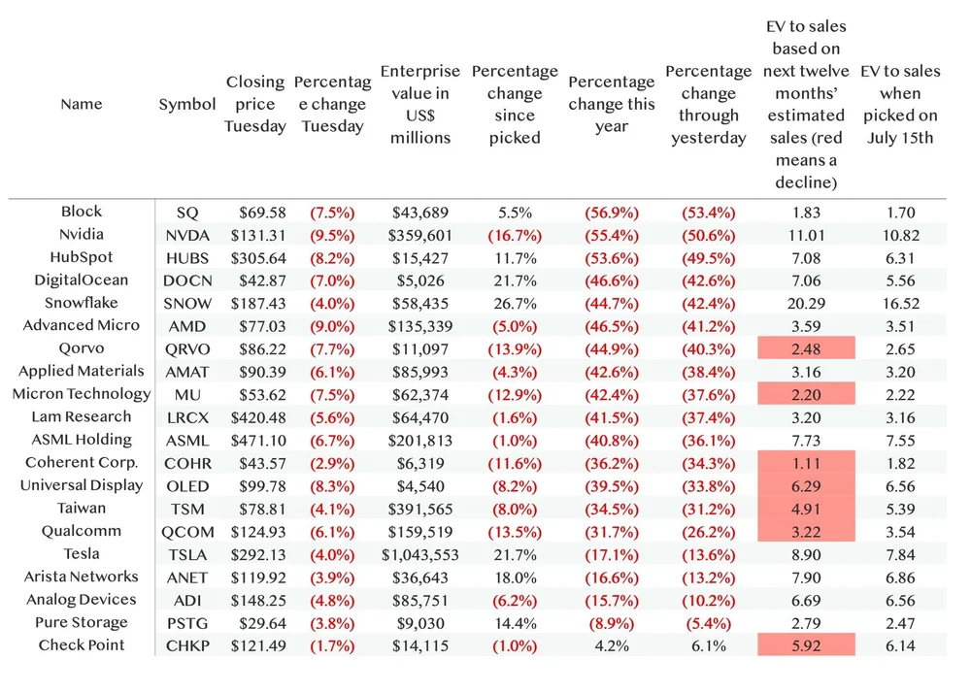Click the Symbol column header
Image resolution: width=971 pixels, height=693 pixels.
point(187,104)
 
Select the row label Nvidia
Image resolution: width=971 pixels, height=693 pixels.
point(81,234)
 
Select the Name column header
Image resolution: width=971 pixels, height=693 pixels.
point(81,104)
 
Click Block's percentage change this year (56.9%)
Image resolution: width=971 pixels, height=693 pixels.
point(611,212)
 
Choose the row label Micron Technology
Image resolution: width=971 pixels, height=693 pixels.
point(82,394)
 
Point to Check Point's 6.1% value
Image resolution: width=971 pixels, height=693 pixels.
point(708,645)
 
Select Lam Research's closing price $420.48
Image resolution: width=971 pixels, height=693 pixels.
point(256,417)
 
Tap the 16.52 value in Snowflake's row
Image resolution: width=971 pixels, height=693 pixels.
point(900,303)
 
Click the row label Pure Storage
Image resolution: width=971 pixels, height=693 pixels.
point(82,622)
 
